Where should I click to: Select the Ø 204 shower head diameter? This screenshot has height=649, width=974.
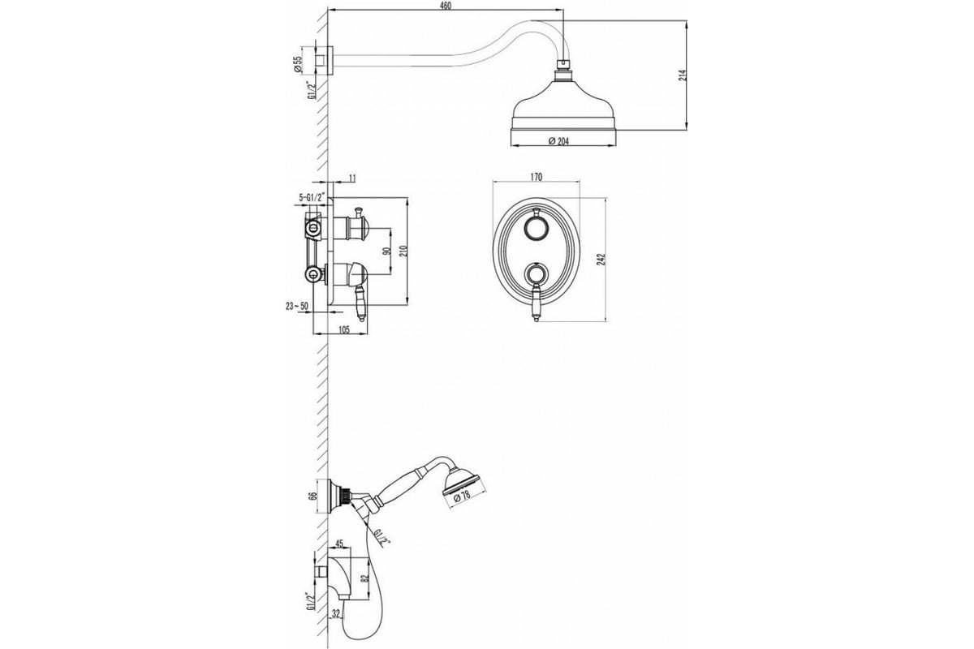click(558, 141)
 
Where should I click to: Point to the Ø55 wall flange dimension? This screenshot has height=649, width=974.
click(298, 64)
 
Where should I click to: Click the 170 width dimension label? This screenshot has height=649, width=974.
click(537, 177)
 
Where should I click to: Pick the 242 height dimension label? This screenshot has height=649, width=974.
click(601, 260)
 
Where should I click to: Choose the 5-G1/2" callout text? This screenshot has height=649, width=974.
click(312, 197)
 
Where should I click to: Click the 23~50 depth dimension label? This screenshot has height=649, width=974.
click(296, 306)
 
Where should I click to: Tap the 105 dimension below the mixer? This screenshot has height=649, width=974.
click(343, 329)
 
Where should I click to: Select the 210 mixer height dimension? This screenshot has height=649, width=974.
click(403, 251)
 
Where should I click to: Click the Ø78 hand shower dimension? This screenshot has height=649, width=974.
click(461, 496)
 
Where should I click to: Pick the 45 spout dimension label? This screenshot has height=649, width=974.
click(339, 544)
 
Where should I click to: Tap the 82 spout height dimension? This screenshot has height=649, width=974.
click(364, 578)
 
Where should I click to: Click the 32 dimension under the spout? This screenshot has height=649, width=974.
click(336, 614)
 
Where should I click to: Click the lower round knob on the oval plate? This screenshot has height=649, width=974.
click(536, 274)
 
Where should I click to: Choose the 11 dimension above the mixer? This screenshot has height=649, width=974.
click(352, 178)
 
